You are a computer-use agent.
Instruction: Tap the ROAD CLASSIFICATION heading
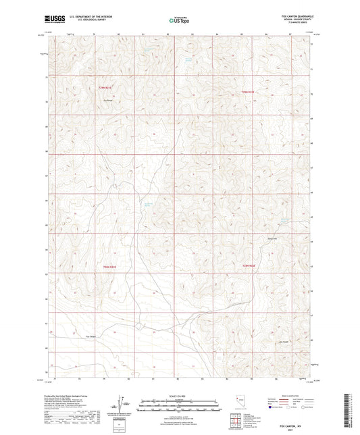pyautogui.click(x=287, y=396)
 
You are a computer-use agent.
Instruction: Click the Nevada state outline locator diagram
pyautogui.click(x=240, y=403)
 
